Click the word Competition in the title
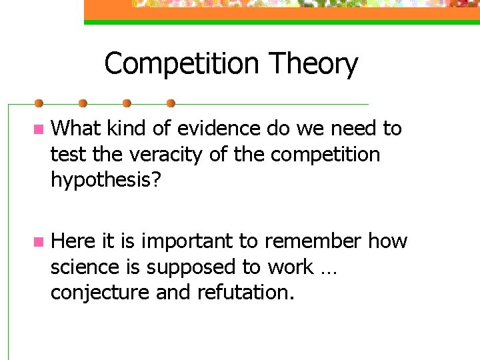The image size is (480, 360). point(181,64)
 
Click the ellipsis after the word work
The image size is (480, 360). point(328,270)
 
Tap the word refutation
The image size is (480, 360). point(244,293)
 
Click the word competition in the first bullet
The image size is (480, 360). point(325,155)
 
